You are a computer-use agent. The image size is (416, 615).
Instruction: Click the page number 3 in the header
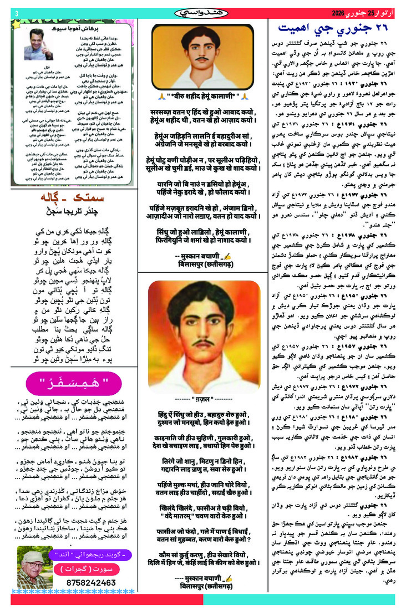click(16, 13)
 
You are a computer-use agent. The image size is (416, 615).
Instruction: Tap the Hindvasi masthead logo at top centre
click(207, 12)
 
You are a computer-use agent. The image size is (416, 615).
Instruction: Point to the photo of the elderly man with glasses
click(34, 567)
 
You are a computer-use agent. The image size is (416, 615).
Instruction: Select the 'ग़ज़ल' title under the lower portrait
click(207, 399)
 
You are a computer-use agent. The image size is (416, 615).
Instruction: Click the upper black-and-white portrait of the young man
click(207, 54)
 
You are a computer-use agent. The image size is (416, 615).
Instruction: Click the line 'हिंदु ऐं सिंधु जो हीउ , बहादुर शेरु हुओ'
click(207, 414)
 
